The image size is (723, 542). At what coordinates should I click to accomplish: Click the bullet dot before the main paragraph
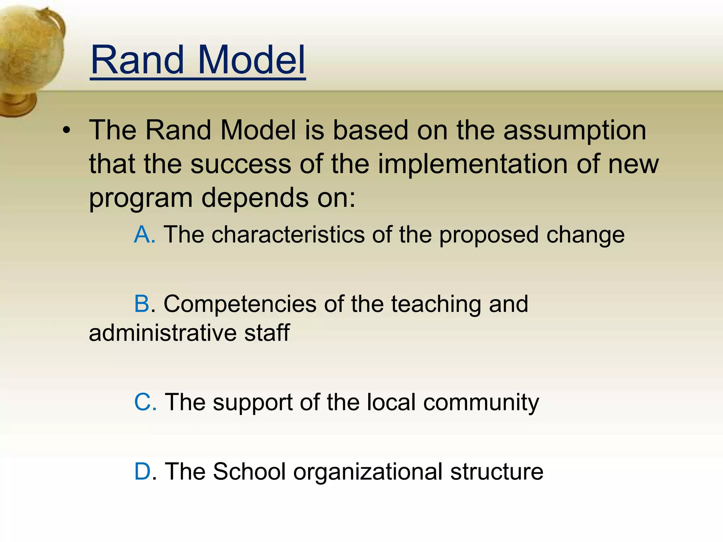[x=66, y=131]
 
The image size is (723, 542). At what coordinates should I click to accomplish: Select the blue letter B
[x=142, y=304]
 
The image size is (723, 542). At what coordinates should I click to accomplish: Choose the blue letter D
[x=143, y=471]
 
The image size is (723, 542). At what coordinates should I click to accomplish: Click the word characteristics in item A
[x=288, y=235]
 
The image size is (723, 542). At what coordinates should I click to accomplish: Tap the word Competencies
[x=240, y=305]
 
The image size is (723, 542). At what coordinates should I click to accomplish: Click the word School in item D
[x=249, y=471]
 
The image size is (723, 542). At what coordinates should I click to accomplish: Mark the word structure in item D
[x=497, y=471]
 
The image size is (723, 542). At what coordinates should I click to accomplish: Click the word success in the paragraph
[x=241, y=164]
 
